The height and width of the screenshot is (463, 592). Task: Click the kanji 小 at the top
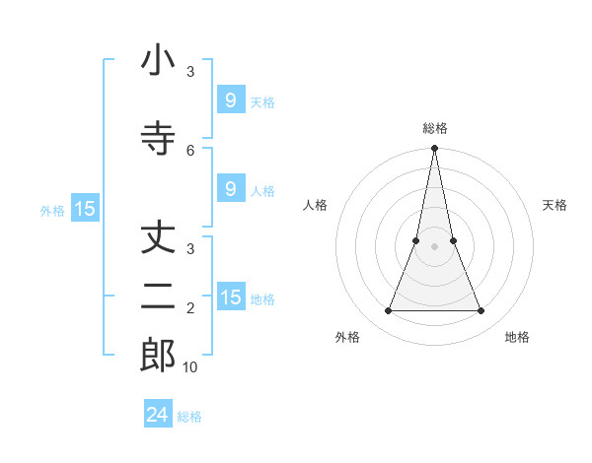click(158, 62)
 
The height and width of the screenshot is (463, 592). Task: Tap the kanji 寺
click(158, 138)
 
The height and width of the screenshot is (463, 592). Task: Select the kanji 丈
click(158, 240)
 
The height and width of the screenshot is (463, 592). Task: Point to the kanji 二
click(158, 296)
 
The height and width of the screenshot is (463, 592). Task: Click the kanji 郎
click(158, 355)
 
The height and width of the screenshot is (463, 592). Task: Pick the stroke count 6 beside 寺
click(190, 150)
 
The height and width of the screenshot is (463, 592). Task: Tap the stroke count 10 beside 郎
click(190, 367)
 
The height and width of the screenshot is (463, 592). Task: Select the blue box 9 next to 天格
click(230, 100)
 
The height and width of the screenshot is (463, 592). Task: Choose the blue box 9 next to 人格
click(230, 189)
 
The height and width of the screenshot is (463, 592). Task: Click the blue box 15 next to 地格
click(230, 298)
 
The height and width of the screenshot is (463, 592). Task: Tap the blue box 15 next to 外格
click(84, 209)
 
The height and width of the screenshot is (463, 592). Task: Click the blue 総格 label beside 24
click(189, 417)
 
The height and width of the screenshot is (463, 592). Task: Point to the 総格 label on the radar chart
click(435, 129)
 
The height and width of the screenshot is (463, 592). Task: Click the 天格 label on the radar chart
click(555, 205)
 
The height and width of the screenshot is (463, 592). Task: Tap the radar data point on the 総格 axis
click(435, 149)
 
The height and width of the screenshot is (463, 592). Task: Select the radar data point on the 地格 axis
click(481, 311)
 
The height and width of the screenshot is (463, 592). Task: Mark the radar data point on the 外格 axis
click(388, 311)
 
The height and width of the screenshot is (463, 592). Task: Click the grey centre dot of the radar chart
click(435, 247)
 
